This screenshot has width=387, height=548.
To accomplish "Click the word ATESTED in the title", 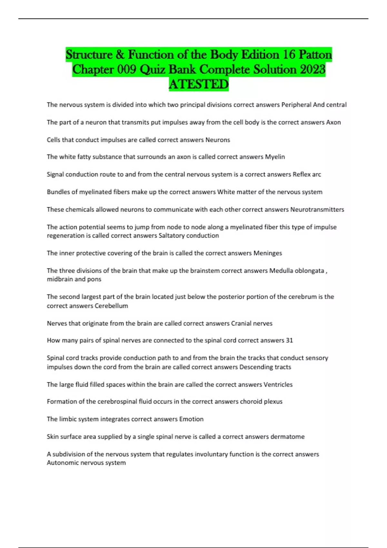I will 199,84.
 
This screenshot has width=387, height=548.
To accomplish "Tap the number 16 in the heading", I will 289,54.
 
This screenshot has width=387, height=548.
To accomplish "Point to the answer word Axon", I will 333,122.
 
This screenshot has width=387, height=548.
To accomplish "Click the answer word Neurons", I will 218,140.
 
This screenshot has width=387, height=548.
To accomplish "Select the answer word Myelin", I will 275,157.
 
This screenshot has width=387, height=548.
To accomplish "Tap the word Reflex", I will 301,174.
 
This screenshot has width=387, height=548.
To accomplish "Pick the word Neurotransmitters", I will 317,210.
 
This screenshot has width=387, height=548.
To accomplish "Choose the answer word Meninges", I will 268,253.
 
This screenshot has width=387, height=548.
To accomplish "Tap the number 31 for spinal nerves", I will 289,340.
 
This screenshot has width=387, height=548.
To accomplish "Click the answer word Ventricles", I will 278,385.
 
